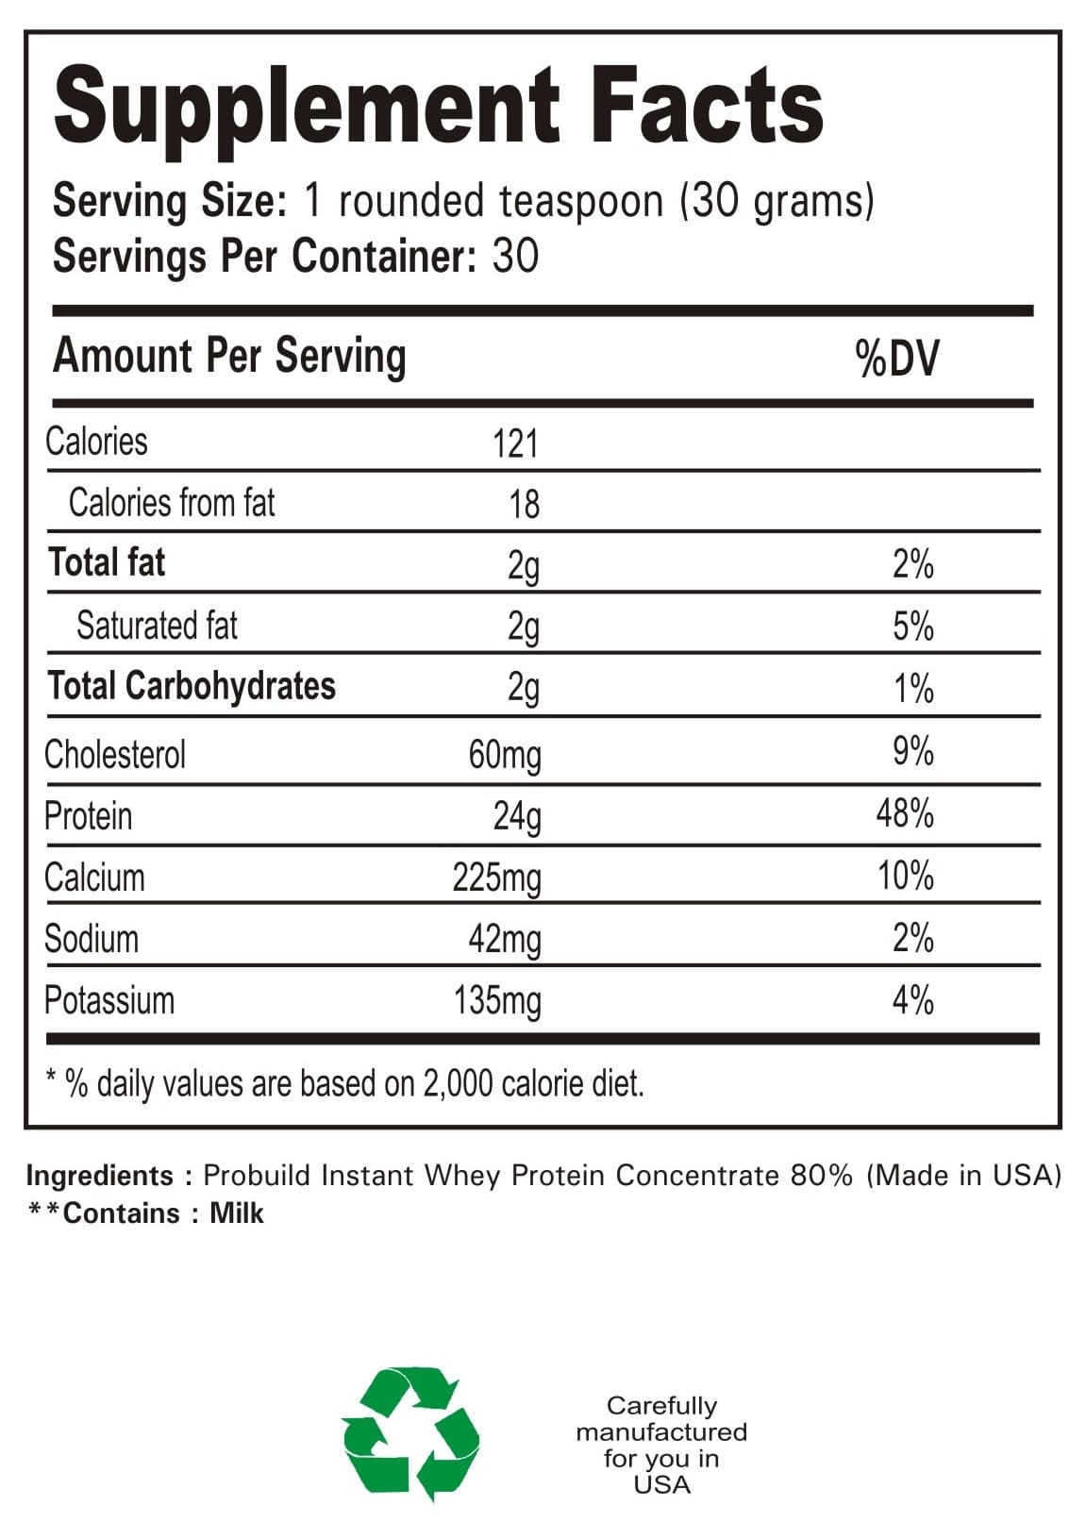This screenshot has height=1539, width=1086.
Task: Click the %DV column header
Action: tap(896, 359)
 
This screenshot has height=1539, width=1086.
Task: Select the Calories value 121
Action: tap(515, 443)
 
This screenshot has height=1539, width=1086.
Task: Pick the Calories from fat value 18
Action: tap(524, 505)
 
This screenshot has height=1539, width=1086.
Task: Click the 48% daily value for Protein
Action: tap(904, 813)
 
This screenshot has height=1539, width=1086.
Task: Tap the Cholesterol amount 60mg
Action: tap(505, 755)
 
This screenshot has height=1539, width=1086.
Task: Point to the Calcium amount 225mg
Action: tap(496, 878)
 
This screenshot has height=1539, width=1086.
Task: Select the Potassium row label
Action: tap(109, 1000)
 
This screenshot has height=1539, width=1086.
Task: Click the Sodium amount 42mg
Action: tap(505, 940)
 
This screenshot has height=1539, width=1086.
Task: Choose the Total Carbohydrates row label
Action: tap(192, 686)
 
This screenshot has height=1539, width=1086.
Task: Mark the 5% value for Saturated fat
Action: tap(912, 627)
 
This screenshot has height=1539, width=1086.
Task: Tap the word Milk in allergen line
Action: tap(236, 1213)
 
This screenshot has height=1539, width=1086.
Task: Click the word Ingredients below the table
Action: tap(99, 1176)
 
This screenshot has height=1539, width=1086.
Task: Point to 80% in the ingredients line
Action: tap(821, 1176)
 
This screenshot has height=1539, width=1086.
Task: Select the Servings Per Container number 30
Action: tap(515, 257)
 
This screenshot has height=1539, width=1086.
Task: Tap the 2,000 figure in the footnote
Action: tap(458, 1084)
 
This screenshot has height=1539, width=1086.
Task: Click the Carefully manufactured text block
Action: tap(661, 1445)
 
